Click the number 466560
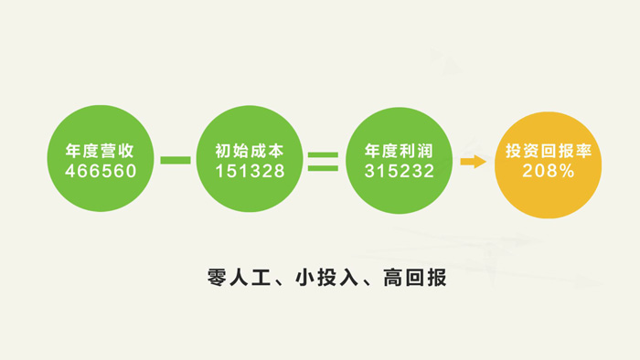click(x=101, y=171)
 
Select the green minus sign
click(x=176, y=161)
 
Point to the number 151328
click(x=250, y=171)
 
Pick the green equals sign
click(x=323, y=161)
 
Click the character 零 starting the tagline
click(x=218, y=277)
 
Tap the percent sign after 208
click(x=567, y=171)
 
